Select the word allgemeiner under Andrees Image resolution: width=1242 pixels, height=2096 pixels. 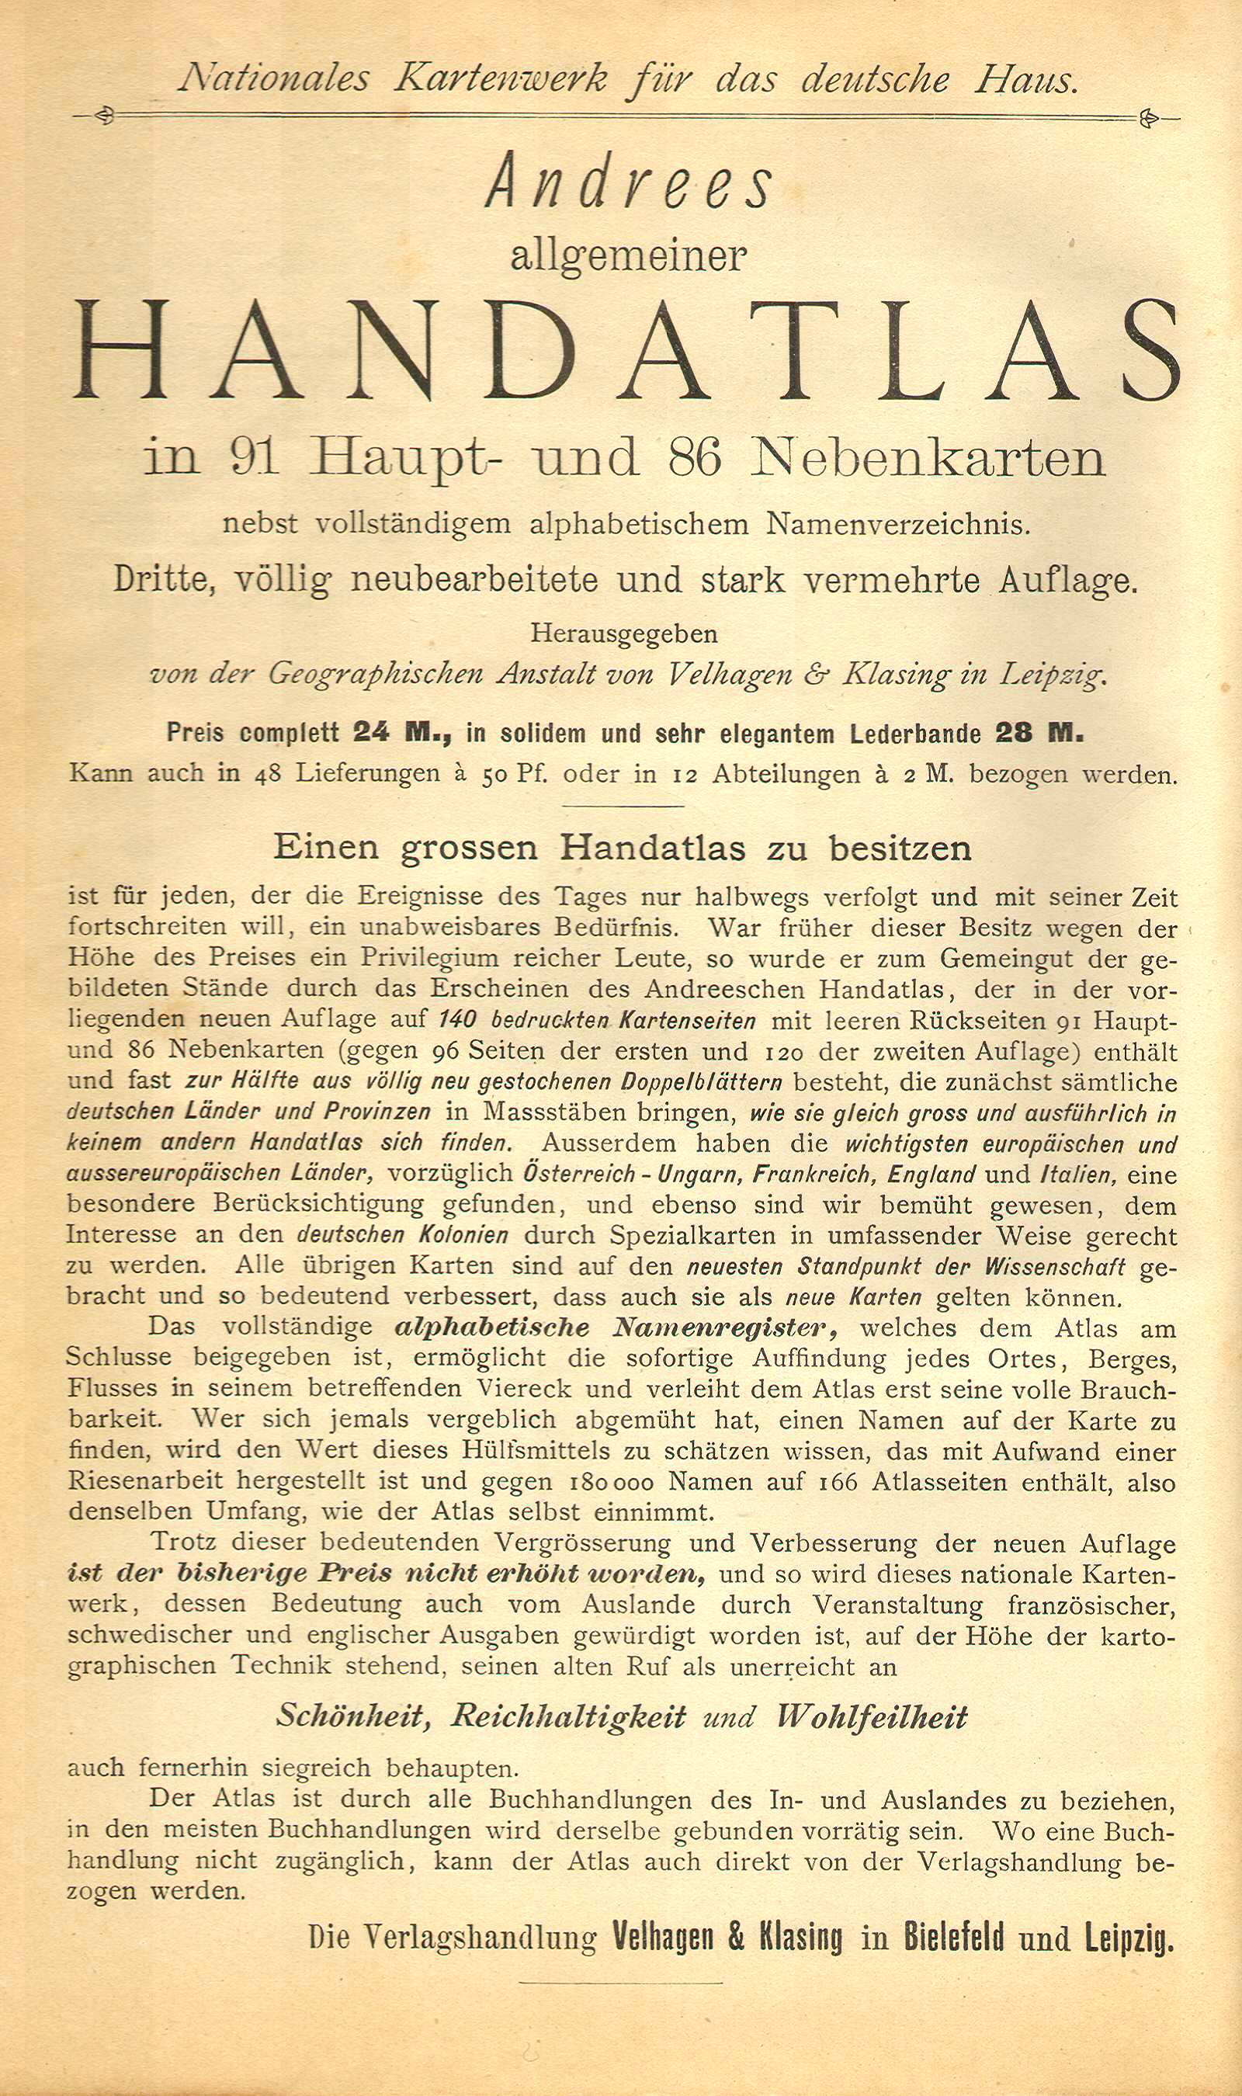pos(628,255)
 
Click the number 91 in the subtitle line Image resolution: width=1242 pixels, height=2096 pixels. pos(254,458)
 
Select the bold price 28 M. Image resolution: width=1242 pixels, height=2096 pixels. pos(1039,733)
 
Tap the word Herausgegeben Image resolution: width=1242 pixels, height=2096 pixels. pos(623,633)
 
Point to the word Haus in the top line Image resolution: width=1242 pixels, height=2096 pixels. pos(1025,79)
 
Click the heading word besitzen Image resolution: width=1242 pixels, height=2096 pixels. pos(900,848)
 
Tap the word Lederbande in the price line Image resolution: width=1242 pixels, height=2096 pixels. pos(916,733)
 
